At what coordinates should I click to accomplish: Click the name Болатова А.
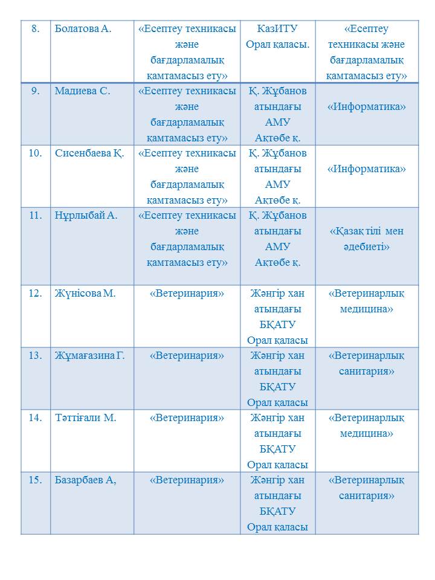(83, 29)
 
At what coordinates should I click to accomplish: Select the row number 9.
(35, 91)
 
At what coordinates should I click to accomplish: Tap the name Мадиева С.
(82, 91)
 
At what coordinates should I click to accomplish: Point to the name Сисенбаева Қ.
(89, 153)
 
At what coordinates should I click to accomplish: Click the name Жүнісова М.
(85, 294)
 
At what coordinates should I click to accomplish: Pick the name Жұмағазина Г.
(89, 355)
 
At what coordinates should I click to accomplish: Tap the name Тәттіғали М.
(85, 417)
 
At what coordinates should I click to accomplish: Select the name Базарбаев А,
(85, 480)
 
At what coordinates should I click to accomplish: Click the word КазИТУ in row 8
(277, 29)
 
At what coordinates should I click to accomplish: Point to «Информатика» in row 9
(366, 107)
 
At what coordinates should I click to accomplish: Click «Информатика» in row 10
(366, 169)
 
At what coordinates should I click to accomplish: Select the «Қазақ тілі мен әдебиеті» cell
(366, 239)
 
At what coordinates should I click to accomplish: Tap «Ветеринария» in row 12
(187, 294)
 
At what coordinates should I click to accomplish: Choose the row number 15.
(35, 480)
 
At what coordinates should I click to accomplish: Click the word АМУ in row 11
(277, 247)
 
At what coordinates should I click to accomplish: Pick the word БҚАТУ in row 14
(277, 449)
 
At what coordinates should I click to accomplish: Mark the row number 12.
(35, 294)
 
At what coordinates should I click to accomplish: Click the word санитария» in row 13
(366, 371)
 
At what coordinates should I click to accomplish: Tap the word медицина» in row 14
(366, 433)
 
